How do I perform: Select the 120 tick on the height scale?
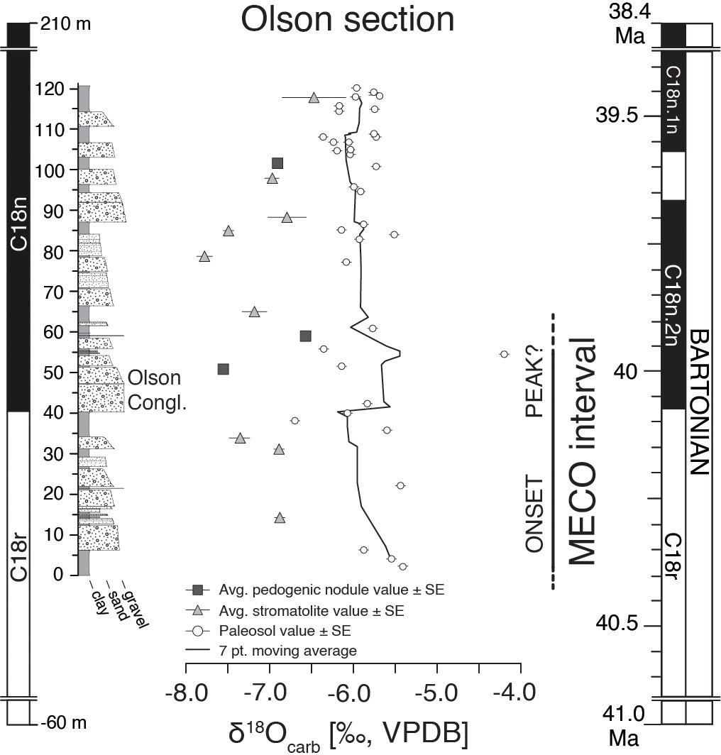[x=54, y=89]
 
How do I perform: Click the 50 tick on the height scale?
[x=54, y=373]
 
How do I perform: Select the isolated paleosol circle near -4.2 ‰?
[x=504, y=354]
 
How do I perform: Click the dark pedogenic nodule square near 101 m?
[x=277, y=163]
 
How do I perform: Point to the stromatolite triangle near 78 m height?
[x=204, y=257]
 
